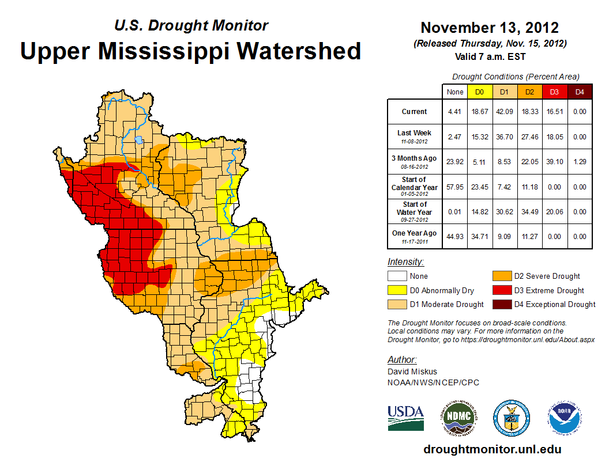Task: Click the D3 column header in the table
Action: click(554, 92)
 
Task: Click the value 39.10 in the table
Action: click(554, 162)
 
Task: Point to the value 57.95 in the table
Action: click(455, 187)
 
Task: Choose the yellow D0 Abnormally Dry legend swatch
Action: click(397, 290)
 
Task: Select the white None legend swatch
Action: click(397, 276)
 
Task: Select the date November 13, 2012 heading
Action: click(490, 28)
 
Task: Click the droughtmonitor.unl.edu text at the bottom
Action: click(492, 449)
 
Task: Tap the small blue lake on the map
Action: click(138, 139)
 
